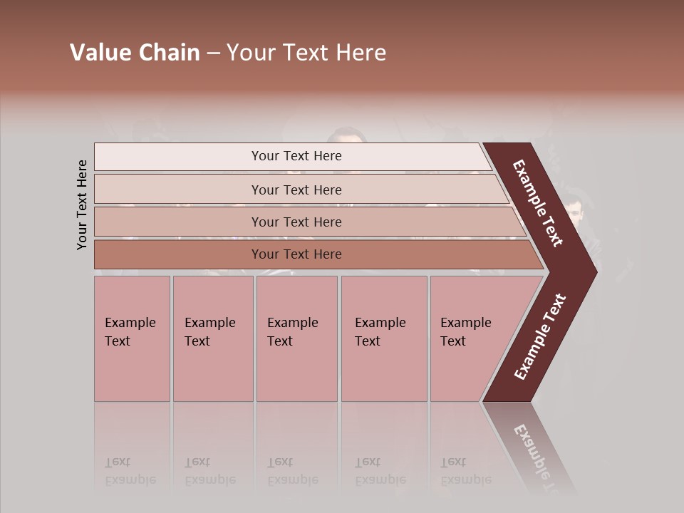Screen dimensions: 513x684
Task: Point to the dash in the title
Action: [213, 53]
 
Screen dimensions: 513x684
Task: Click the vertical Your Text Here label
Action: [82, 204]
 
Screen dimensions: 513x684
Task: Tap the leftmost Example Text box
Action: [132, 338]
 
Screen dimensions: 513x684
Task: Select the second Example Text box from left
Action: [212, 338]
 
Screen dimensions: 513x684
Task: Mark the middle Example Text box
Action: [296, 338]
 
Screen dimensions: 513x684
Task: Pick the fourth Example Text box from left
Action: [383, 338]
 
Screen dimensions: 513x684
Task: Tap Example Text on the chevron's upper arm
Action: [538, 203]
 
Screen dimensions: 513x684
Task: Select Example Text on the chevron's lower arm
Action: [539, 337]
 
